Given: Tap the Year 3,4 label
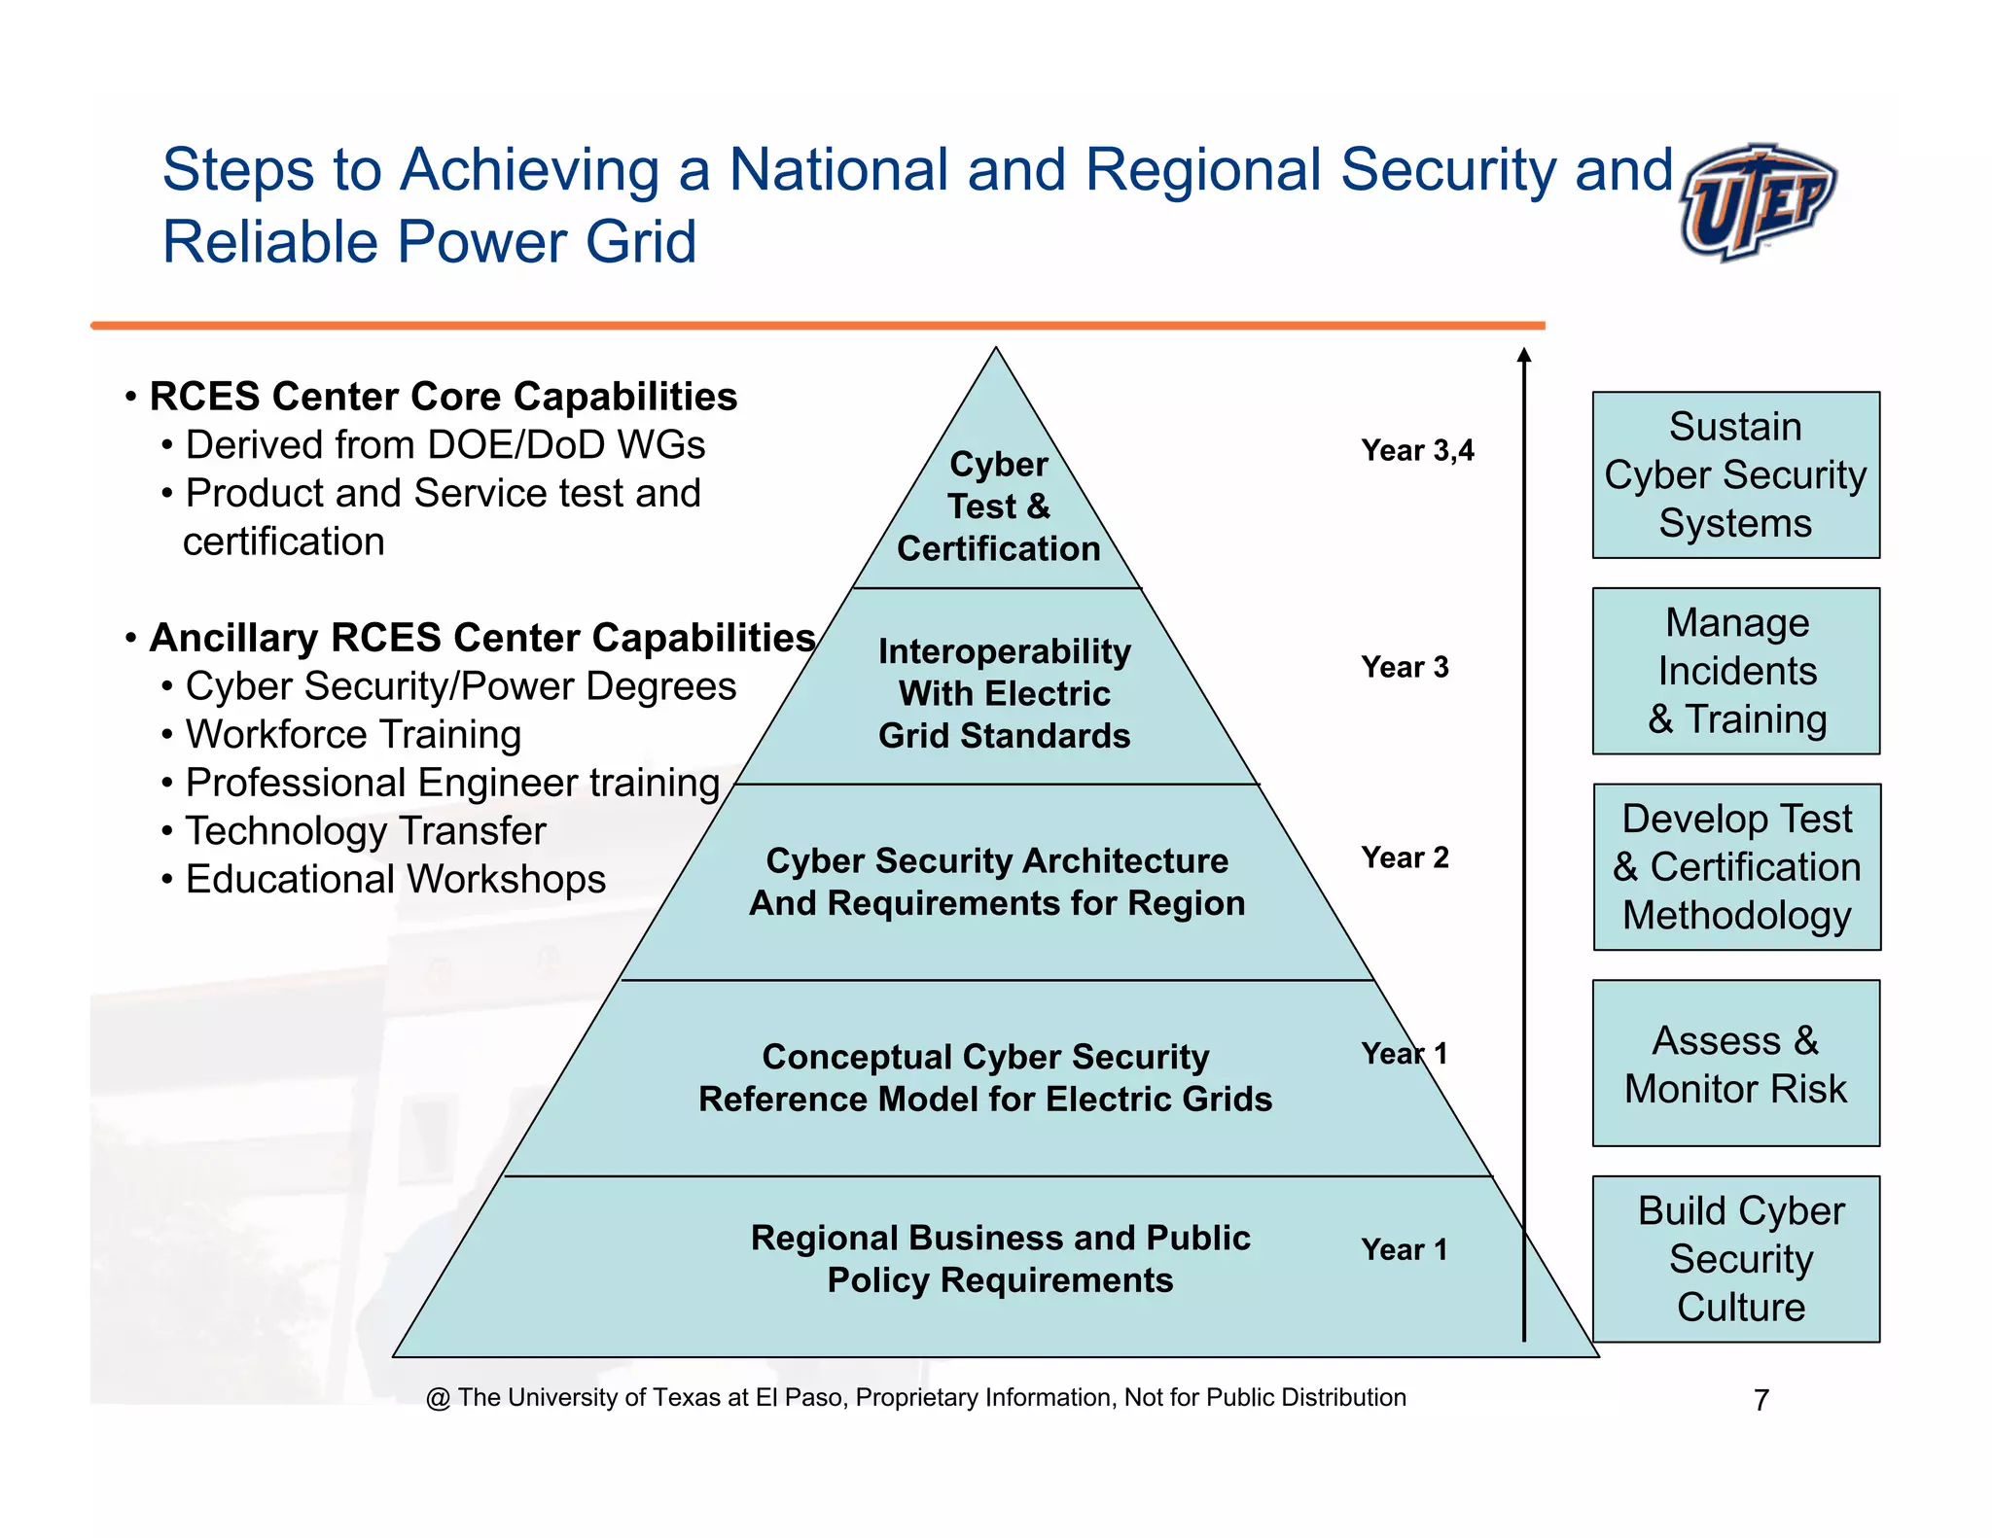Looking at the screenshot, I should (1417, 450).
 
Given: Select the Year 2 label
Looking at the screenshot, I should (1405, 857).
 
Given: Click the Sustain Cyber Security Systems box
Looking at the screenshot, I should (1735, 475).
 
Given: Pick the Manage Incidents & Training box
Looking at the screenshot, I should (1735, 671).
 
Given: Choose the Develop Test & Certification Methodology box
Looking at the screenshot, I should (1736, 867).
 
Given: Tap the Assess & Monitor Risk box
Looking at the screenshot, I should (1735, 1064).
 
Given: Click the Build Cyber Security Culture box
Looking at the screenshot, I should (1735, 1259).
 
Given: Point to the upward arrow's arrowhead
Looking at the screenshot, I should (1524, 356).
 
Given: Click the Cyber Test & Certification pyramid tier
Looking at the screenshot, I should (998, 507).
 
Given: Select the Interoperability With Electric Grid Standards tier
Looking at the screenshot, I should (1004, 693).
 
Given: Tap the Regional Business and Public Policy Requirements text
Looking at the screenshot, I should (1000, 1259).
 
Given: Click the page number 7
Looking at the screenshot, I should (1761, 1400).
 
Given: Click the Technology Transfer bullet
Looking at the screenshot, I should (365, 831).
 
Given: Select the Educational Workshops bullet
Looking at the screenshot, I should (395, 880).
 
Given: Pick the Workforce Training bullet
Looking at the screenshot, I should (352, 735).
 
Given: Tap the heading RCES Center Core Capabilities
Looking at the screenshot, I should (443, 397).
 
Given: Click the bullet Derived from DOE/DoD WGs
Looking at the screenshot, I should (445, 445).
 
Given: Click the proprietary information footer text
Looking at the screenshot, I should (915, 1398).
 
